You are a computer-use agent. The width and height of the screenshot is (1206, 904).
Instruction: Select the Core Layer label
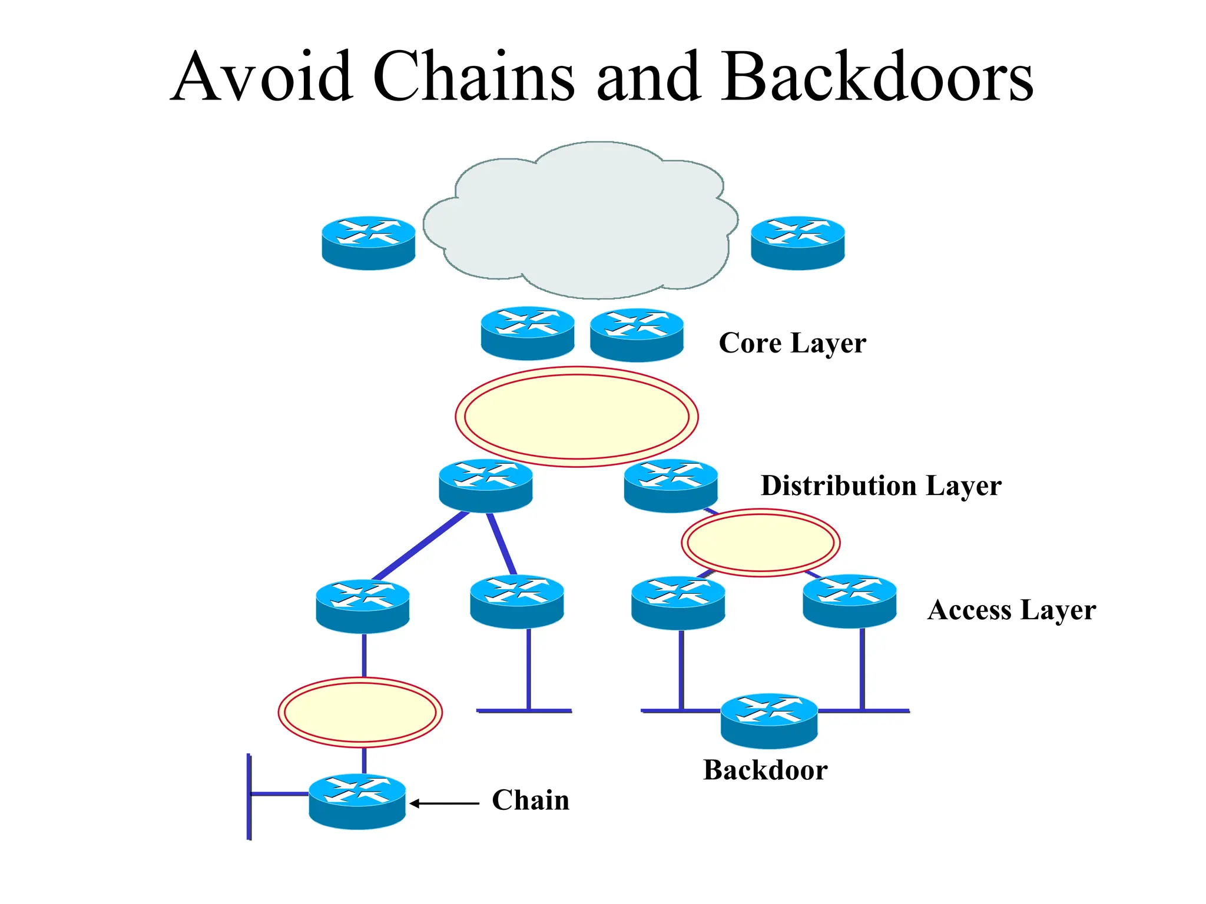coord(792,343)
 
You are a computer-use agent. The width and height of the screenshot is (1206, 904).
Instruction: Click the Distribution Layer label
coord(881,486)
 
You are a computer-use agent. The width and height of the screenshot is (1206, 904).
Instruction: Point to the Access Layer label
coord(1011,610)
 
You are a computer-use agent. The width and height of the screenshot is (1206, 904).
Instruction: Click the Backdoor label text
coord(765,770)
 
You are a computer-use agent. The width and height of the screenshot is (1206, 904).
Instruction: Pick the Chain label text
coord(531,800)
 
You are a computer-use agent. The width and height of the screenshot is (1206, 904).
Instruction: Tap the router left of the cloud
coord(369,242)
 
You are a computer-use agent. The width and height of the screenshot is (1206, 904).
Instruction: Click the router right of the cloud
coord(798,242)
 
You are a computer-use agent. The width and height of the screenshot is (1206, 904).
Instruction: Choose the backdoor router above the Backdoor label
coord(769,721)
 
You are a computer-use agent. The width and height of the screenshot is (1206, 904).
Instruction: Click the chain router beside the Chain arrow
coord(357,801)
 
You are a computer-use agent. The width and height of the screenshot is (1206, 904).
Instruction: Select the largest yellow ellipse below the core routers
coord(577,417)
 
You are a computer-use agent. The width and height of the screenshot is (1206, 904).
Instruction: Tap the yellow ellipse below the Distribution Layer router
coord(760,543)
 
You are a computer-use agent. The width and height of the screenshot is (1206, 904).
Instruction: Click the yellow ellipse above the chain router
coord(360,712)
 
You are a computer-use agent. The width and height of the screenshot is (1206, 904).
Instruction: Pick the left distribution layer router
coord(486,486)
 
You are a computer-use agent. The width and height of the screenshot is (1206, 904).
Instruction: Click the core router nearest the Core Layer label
coord(637,334)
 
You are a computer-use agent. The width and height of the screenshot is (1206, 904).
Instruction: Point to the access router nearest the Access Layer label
coord(849,601)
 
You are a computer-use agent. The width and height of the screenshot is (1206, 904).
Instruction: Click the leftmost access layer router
coord(363,606)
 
